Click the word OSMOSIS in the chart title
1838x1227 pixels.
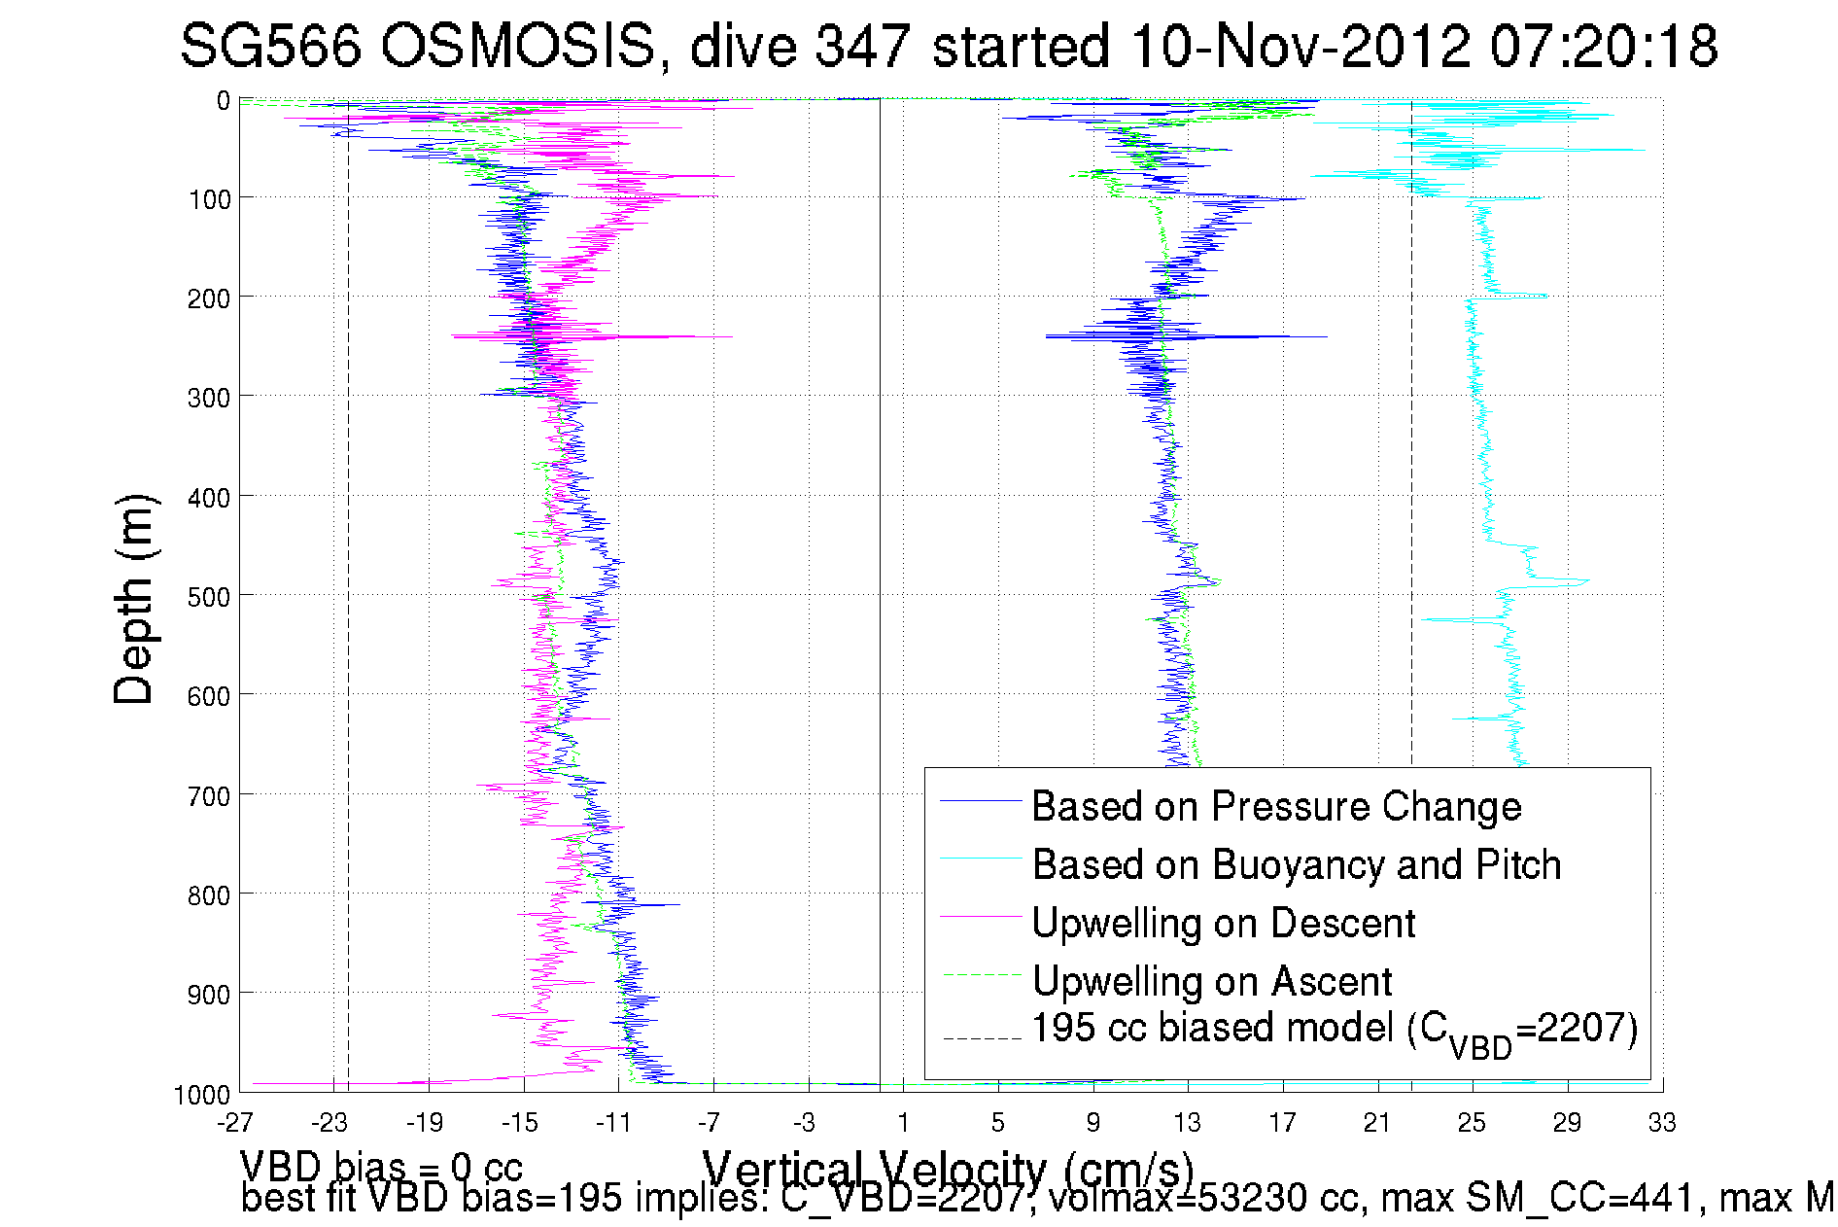point(516,46)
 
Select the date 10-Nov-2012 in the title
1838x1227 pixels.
point(1300,46)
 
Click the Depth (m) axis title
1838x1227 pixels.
point(134,599)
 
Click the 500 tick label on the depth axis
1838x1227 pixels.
point(209,597)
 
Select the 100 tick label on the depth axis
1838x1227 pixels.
point(209,199)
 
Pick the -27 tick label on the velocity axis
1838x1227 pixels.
point(235,1124)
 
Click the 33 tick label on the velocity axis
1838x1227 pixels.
point(1662,1124)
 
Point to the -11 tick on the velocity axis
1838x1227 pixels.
point(614,1124)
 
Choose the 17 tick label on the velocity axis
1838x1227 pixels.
point(1282,1124)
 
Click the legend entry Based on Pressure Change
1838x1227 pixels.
point(1276,806)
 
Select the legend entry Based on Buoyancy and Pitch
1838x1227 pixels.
point(1296,864)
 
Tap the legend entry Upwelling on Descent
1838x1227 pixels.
point(1223,923)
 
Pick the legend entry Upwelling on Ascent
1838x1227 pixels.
point(1211,981)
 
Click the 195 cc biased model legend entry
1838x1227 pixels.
point(1334,1030)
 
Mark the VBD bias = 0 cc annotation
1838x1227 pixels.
point(381,1166)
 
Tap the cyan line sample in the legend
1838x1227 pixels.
point(981,859)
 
